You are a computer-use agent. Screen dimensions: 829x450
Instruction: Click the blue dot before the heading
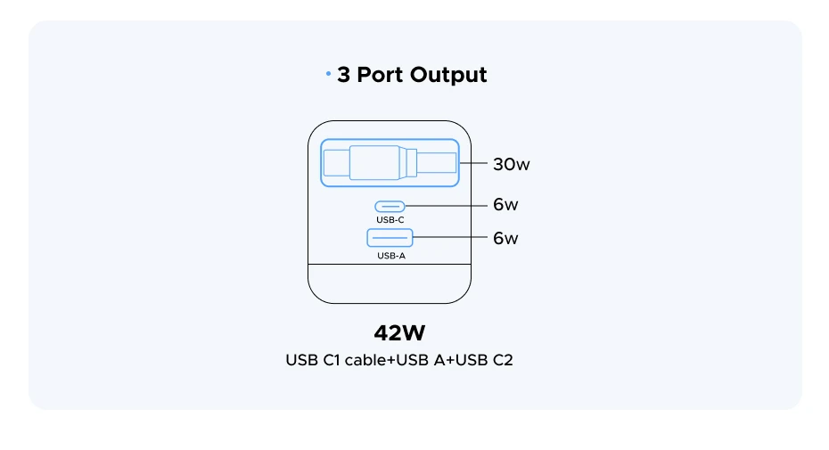(x=328, y=74)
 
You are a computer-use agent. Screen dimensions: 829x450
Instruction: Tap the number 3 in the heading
(x=343, y=75)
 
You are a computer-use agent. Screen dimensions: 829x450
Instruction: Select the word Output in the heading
(x=450, y=75)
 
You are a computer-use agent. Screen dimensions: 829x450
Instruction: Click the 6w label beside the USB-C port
(x=505, y=205)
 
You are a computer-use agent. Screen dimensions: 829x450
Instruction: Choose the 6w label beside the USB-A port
(x=505, y=238)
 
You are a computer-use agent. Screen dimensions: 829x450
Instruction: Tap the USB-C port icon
(x=390, y=206)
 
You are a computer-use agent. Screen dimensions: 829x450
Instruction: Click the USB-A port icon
(x=390, y=238)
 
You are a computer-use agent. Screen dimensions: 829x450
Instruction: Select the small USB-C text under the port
(x=390, y=219)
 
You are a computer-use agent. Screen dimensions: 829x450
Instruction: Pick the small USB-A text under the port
(x=390, y=255)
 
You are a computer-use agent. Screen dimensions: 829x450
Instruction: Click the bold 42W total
(x=399, y=333)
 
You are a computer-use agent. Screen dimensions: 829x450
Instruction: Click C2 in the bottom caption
(x=503, y=361)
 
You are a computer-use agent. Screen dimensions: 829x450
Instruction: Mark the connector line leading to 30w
(x=474, y=164)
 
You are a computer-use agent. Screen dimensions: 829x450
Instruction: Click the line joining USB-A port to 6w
(x=450, y=238)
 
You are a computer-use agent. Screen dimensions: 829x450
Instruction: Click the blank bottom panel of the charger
(x=390, y=283)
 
